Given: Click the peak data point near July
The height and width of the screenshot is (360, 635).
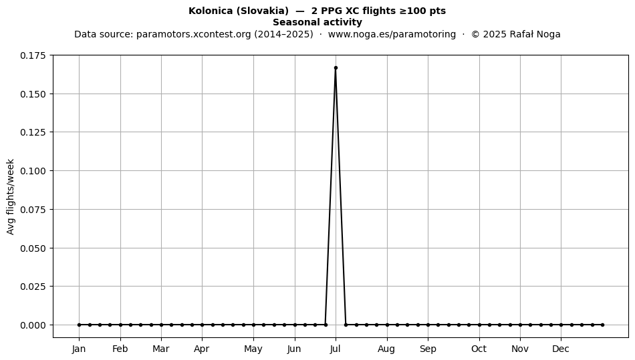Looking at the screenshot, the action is coord(336,68).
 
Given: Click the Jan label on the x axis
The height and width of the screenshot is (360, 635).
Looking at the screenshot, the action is coord(79,349).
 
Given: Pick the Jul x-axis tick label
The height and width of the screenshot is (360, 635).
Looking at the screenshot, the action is coord(336,349).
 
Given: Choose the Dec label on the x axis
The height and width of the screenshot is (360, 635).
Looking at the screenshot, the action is coord(561,349).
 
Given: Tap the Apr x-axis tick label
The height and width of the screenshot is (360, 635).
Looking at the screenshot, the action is coord(202,349).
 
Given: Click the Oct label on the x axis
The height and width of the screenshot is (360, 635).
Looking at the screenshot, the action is coord(479,349).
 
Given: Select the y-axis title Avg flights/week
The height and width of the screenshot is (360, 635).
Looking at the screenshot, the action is coord(11,196).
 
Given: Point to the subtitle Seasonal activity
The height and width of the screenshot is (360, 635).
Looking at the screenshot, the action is coord(317,22).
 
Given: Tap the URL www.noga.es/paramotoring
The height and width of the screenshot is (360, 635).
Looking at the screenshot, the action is coord(392,34).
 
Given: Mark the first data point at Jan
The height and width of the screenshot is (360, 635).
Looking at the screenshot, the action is coord(79,325).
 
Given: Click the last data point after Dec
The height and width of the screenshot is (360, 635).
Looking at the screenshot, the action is coord(603,325).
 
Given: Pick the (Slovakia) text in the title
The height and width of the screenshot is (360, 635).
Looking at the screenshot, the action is coord(263,11).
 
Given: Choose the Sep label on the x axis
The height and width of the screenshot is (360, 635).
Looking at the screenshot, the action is coord(428,349).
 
